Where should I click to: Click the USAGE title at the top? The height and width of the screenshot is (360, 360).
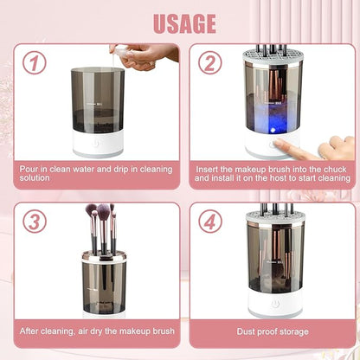point(179,22)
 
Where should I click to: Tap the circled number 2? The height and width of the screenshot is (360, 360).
point(210,63)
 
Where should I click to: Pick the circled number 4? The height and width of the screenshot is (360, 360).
point(210,222)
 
